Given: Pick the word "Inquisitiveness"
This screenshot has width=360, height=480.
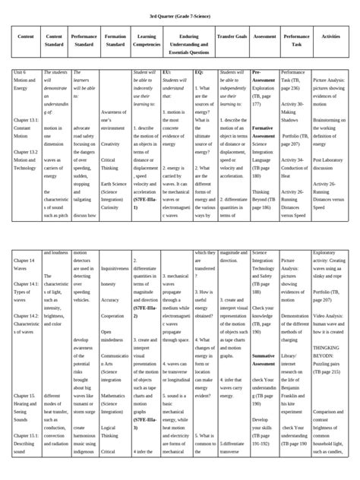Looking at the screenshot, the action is click(115, 268).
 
